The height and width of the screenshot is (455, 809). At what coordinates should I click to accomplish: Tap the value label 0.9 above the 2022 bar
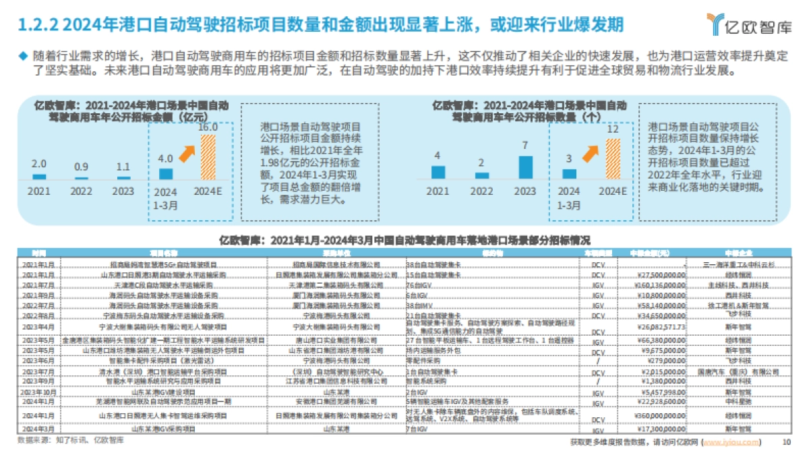[x=82, y=166]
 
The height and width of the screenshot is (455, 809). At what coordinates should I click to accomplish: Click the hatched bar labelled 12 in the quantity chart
[x=613, y=158]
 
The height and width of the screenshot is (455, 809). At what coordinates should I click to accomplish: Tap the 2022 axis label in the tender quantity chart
[x=481, y=191]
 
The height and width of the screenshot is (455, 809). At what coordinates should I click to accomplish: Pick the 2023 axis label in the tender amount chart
[x=123, y=191]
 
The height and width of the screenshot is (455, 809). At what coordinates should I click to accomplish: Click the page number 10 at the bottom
[x=785, y=442]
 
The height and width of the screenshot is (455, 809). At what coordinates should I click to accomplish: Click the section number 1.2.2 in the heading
[x=38, y=26]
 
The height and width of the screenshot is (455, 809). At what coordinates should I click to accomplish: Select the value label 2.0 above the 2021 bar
[x=39, y=164]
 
